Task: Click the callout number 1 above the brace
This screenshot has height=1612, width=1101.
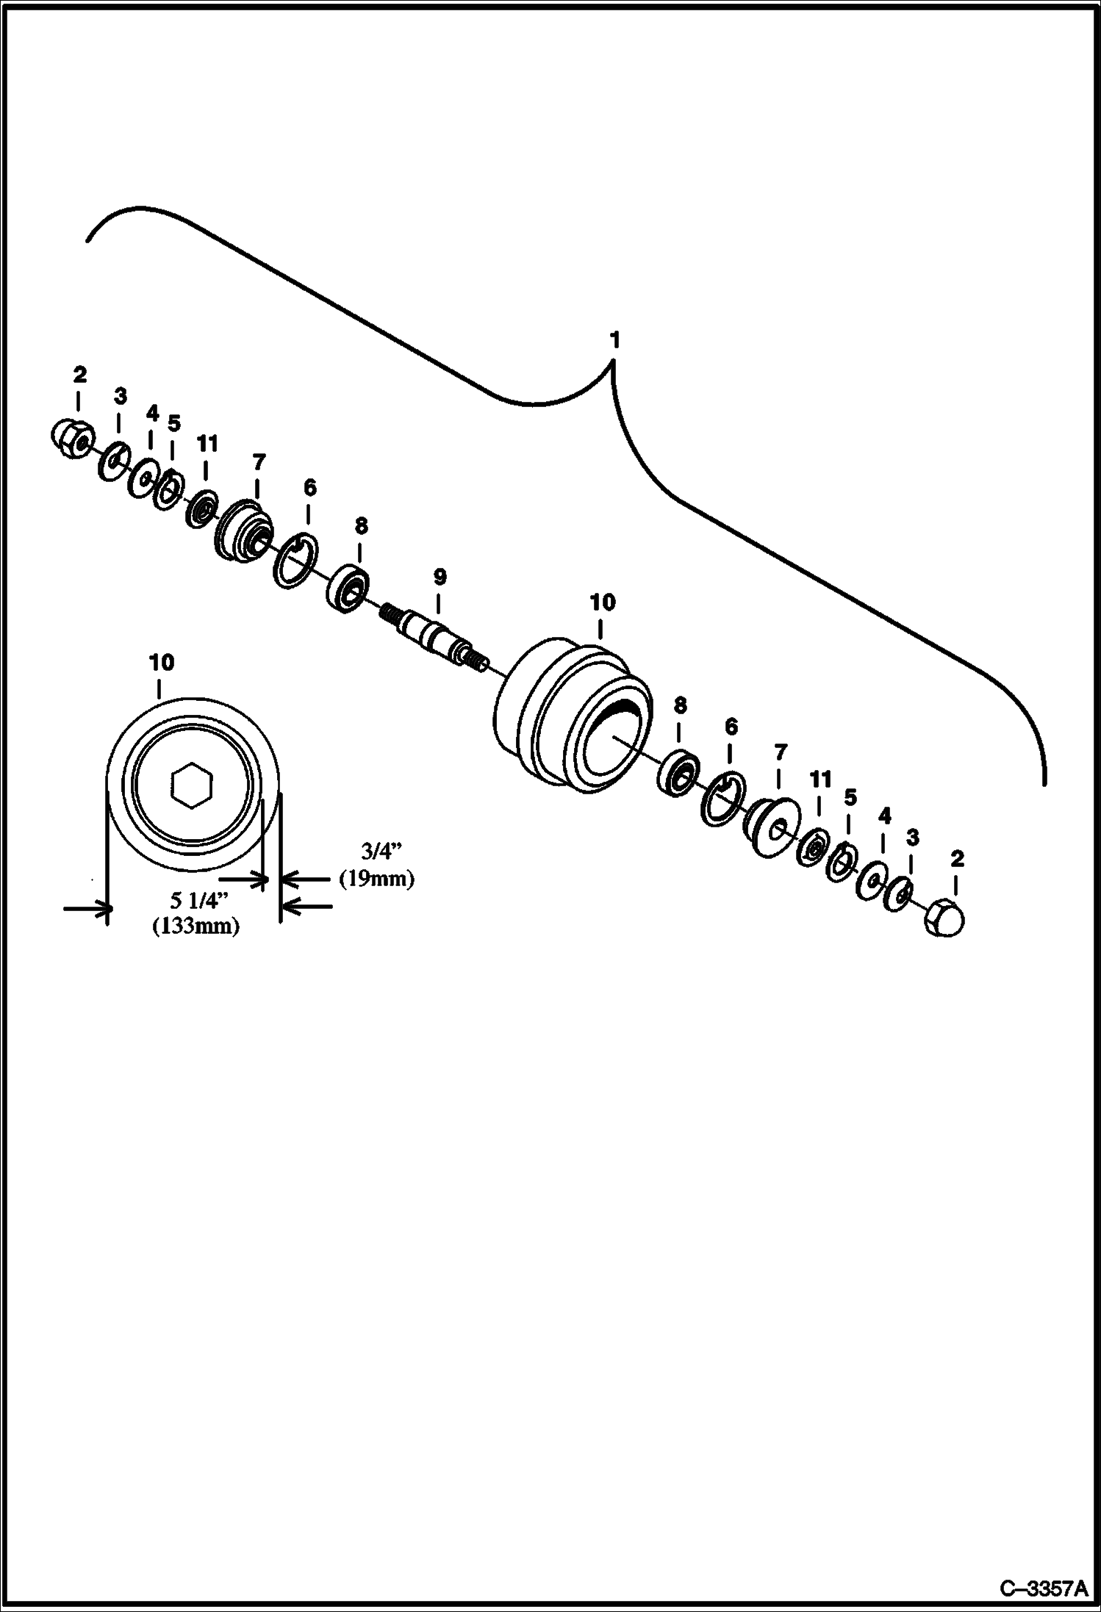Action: coord(614,340)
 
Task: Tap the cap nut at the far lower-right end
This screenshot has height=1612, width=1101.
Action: coord(945,917)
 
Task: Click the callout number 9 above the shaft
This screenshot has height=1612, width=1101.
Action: coord(439,577)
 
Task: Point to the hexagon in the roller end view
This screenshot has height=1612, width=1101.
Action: coord(192,787)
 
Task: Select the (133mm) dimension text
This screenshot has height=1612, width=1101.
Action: coord(196,926)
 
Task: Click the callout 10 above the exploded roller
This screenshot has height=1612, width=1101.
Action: coord(602,602)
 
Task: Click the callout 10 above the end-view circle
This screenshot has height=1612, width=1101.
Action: coord(162,662)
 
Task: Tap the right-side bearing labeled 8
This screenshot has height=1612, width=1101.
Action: coord(676,771)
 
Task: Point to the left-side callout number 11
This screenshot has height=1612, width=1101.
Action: coord(207,444)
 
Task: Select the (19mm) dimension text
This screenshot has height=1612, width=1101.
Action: coord(376,878)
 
